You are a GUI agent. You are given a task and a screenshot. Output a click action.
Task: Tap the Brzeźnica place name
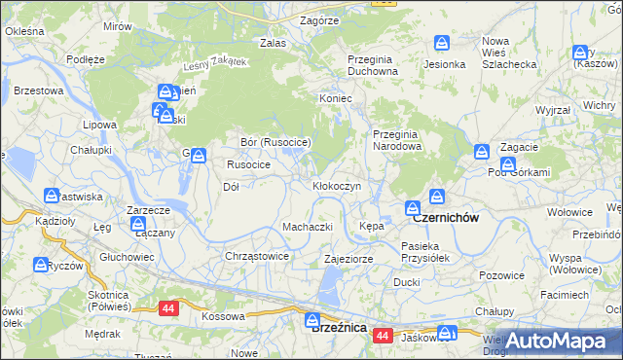[x=338, y=329]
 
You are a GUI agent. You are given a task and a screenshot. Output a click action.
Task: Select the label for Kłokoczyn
[x=337, y=185]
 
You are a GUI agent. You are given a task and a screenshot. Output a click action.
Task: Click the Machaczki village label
[x=308, y=227]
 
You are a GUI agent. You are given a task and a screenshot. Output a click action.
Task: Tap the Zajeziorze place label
[x=348, y=259]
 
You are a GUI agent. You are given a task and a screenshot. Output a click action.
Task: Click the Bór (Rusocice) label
[x=275, y=142]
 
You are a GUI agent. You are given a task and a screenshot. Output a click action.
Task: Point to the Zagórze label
[x=319, y=19]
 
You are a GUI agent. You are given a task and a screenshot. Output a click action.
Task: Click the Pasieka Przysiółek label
[x=427, y=252]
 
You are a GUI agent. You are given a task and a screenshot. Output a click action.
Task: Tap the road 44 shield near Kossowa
[x=169, y=307]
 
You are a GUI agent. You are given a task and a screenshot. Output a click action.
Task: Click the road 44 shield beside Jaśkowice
[x=382, y=336]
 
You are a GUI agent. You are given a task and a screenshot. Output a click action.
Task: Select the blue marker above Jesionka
[x=441, y=44]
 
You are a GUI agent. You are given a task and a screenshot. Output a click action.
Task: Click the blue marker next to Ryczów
[x=41, y=264]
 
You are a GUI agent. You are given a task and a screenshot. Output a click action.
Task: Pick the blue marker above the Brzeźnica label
[x=311, y=318]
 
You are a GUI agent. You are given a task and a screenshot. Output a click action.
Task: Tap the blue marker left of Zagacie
[x=481, y=152]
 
